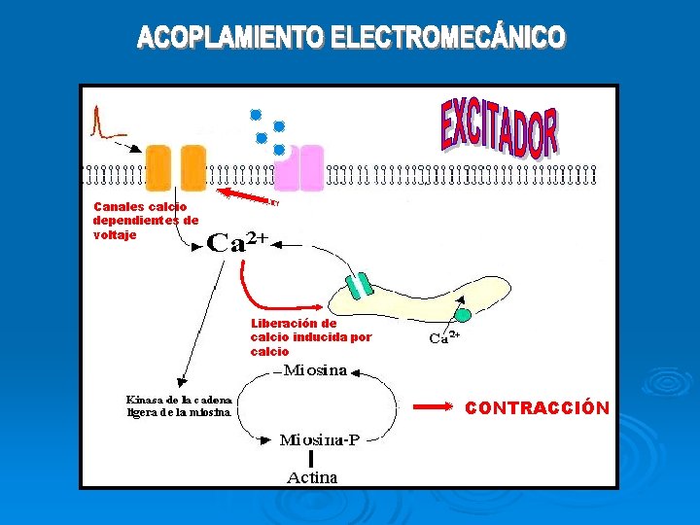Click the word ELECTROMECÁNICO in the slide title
pos(447,38)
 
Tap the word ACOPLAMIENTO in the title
pos(231,38)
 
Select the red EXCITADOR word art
pos(500,127)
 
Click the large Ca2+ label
pos(236,243)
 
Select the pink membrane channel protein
pos(299,168)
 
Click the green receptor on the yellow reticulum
pos(361,285)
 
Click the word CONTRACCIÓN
pos(538,408)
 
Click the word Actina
pos(312,477)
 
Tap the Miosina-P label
pos(320,439)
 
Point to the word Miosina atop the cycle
pos(316,370)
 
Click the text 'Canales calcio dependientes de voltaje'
pos(144,221)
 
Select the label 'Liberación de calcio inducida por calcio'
pos(310,337)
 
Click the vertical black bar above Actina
pos(311,458)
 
